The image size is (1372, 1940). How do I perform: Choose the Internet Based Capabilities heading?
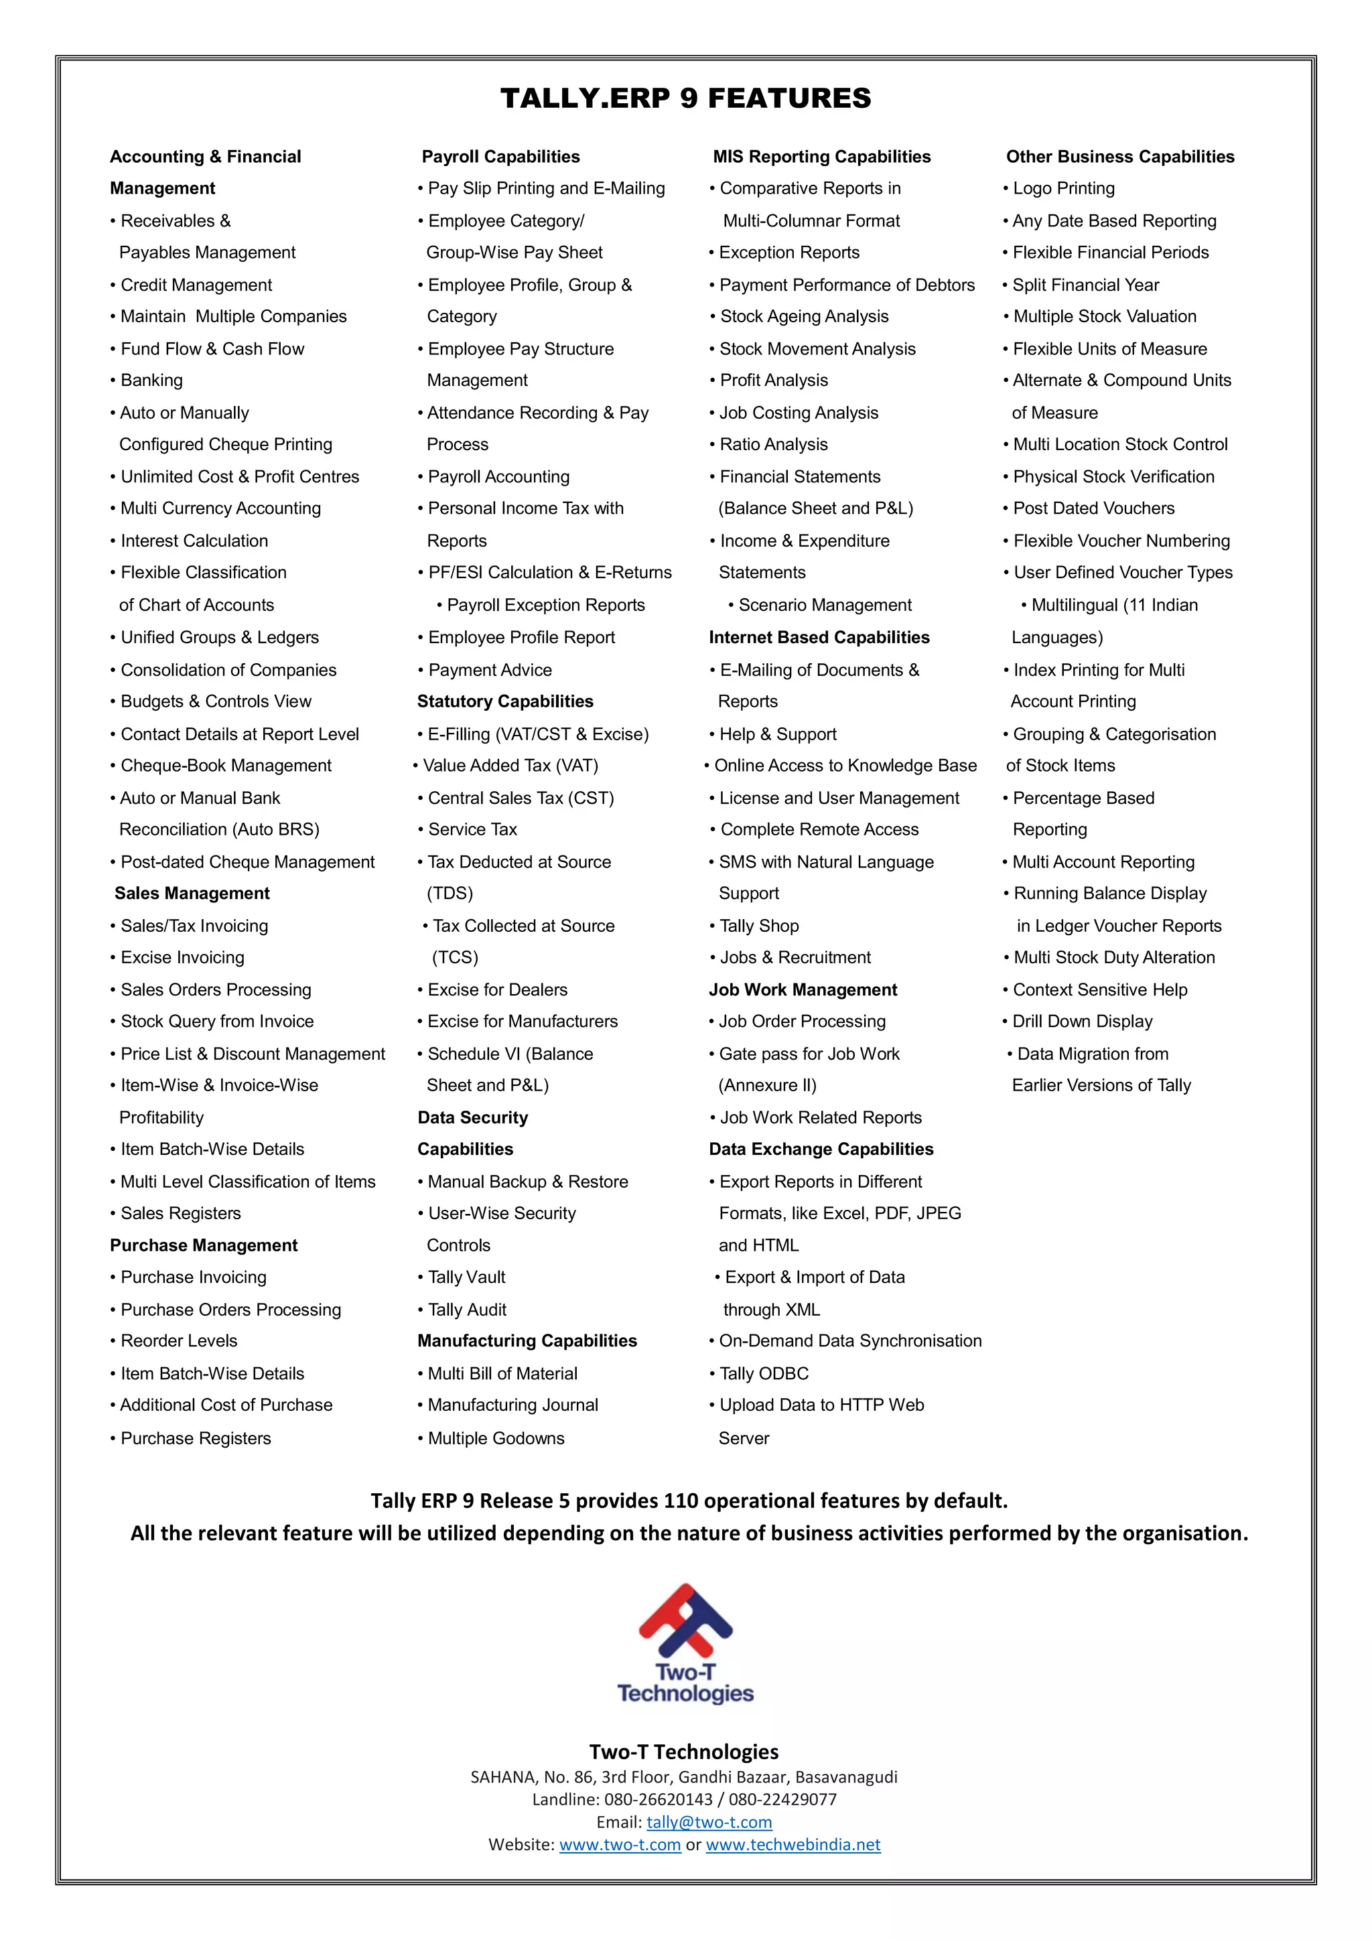(x=819, y=637)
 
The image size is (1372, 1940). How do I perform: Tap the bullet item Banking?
(x=151, y=380)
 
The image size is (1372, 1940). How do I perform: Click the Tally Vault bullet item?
(x=466, y=1277)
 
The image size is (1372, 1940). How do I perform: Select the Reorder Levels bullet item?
(x=178, y=1341)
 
